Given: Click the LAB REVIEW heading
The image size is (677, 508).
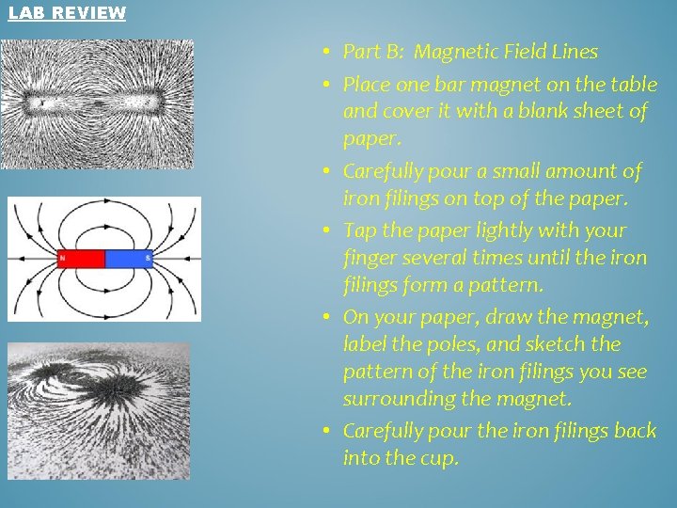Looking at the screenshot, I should tap(67, 12).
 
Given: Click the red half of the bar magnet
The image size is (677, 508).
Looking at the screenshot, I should tap(82, 258).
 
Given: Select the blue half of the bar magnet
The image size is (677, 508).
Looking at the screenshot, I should tap(129, 258).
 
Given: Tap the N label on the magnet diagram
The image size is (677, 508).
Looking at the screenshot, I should tap(63, 258).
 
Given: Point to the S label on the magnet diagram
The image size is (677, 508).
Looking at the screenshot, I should tap(149, 258).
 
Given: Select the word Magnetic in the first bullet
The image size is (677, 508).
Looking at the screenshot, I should tap(454, 52).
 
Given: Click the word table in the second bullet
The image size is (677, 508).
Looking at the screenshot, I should tap(632, 85).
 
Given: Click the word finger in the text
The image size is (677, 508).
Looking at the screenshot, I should tap(370, 258).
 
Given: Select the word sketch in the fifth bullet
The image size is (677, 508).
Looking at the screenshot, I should tap(570, 344).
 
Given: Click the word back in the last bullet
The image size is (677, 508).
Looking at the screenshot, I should tap(636, 432).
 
